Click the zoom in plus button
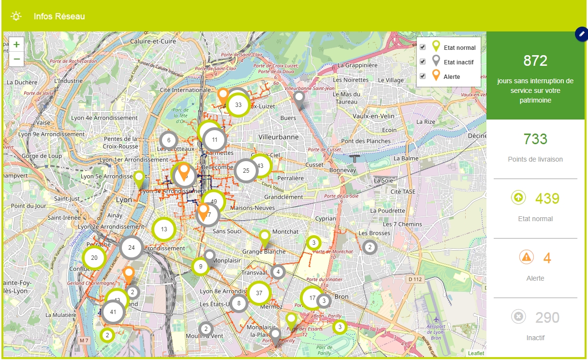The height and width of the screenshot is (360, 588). click(x=16, y=45)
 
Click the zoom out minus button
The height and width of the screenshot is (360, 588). click(x=16, y=59)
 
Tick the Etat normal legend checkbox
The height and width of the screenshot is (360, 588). click(x=423, y=47)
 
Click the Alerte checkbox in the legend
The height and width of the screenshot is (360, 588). click(x=423, y=76)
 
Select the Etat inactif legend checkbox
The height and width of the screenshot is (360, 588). click(x=423, y=62)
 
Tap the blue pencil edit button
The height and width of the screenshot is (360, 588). click(x=581, y=34)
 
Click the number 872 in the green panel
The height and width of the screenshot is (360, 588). click(x=535, y=61)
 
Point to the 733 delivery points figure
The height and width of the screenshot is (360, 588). click(x=535, y=139)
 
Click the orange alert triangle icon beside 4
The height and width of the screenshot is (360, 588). click(x=526, y=257)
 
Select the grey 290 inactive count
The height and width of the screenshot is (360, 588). click(x=547, y=317)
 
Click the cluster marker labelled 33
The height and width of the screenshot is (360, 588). click(x=238, y=105)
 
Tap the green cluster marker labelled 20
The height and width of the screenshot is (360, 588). click(x=94, y=258)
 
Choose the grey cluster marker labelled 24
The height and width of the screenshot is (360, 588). click(x=131, y=248)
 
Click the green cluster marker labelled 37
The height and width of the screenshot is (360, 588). click(x=259, y=293)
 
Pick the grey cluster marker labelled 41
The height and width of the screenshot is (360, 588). click(x=113, y=312)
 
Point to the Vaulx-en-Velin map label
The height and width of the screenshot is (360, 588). click(x=374, y=116)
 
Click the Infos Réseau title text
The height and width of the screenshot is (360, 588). click(x=59, y=16)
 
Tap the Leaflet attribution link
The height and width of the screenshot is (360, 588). click(x=476, y=353)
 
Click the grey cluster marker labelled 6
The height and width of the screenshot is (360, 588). click(x=168, y=141)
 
